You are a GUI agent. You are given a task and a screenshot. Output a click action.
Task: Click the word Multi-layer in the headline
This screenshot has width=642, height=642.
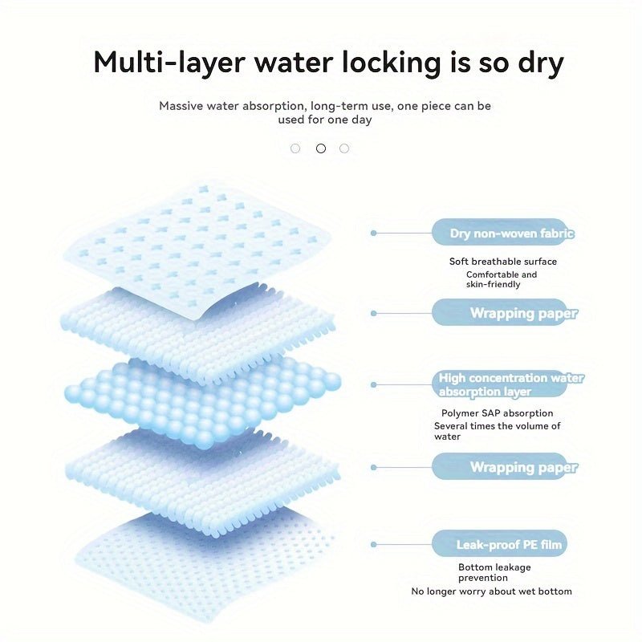pos(169,63)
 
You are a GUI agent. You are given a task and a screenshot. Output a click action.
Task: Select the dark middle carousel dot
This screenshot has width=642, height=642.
pos(321,148)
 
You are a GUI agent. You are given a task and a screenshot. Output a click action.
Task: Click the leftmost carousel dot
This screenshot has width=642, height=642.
pos(295,148)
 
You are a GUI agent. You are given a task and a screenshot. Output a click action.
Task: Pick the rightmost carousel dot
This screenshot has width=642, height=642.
pos(344,148)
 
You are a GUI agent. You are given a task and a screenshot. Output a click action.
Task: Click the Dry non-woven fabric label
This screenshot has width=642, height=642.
pos(512,234)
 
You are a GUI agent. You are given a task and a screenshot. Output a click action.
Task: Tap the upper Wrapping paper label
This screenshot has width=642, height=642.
pos(524,313)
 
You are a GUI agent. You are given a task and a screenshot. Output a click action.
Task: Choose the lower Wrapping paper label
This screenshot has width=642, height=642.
pos(524,467)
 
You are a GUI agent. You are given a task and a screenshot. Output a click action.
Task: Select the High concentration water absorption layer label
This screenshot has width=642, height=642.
pos(511,384)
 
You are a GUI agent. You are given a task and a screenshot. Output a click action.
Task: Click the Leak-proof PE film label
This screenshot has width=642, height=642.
pos(509,545)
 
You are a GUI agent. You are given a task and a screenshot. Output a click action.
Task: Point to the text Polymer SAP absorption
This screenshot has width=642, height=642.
pos(497,413)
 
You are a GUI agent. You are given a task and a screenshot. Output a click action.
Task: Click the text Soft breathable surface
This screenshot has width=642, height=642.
pos(503,262)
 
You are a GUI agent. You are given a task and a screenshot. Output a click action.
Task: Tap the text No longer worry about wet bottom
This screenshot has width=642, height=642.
pos(491,591)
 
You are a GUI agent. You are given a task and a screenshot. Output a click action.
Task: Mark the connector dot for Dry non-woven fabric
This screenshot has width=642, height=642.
pos(373,233)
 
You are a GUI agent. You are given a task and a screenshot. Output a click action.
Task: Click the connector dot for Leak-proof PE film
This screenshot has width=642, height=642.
pos(373,545)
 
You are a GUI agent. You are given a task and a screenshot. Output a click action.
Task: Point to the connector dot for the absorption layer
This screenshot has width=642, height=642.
pos(373,385)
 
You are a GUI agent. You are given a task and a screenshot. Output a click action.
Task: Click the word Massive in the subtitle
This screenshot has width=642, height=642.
pos(181,106)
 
